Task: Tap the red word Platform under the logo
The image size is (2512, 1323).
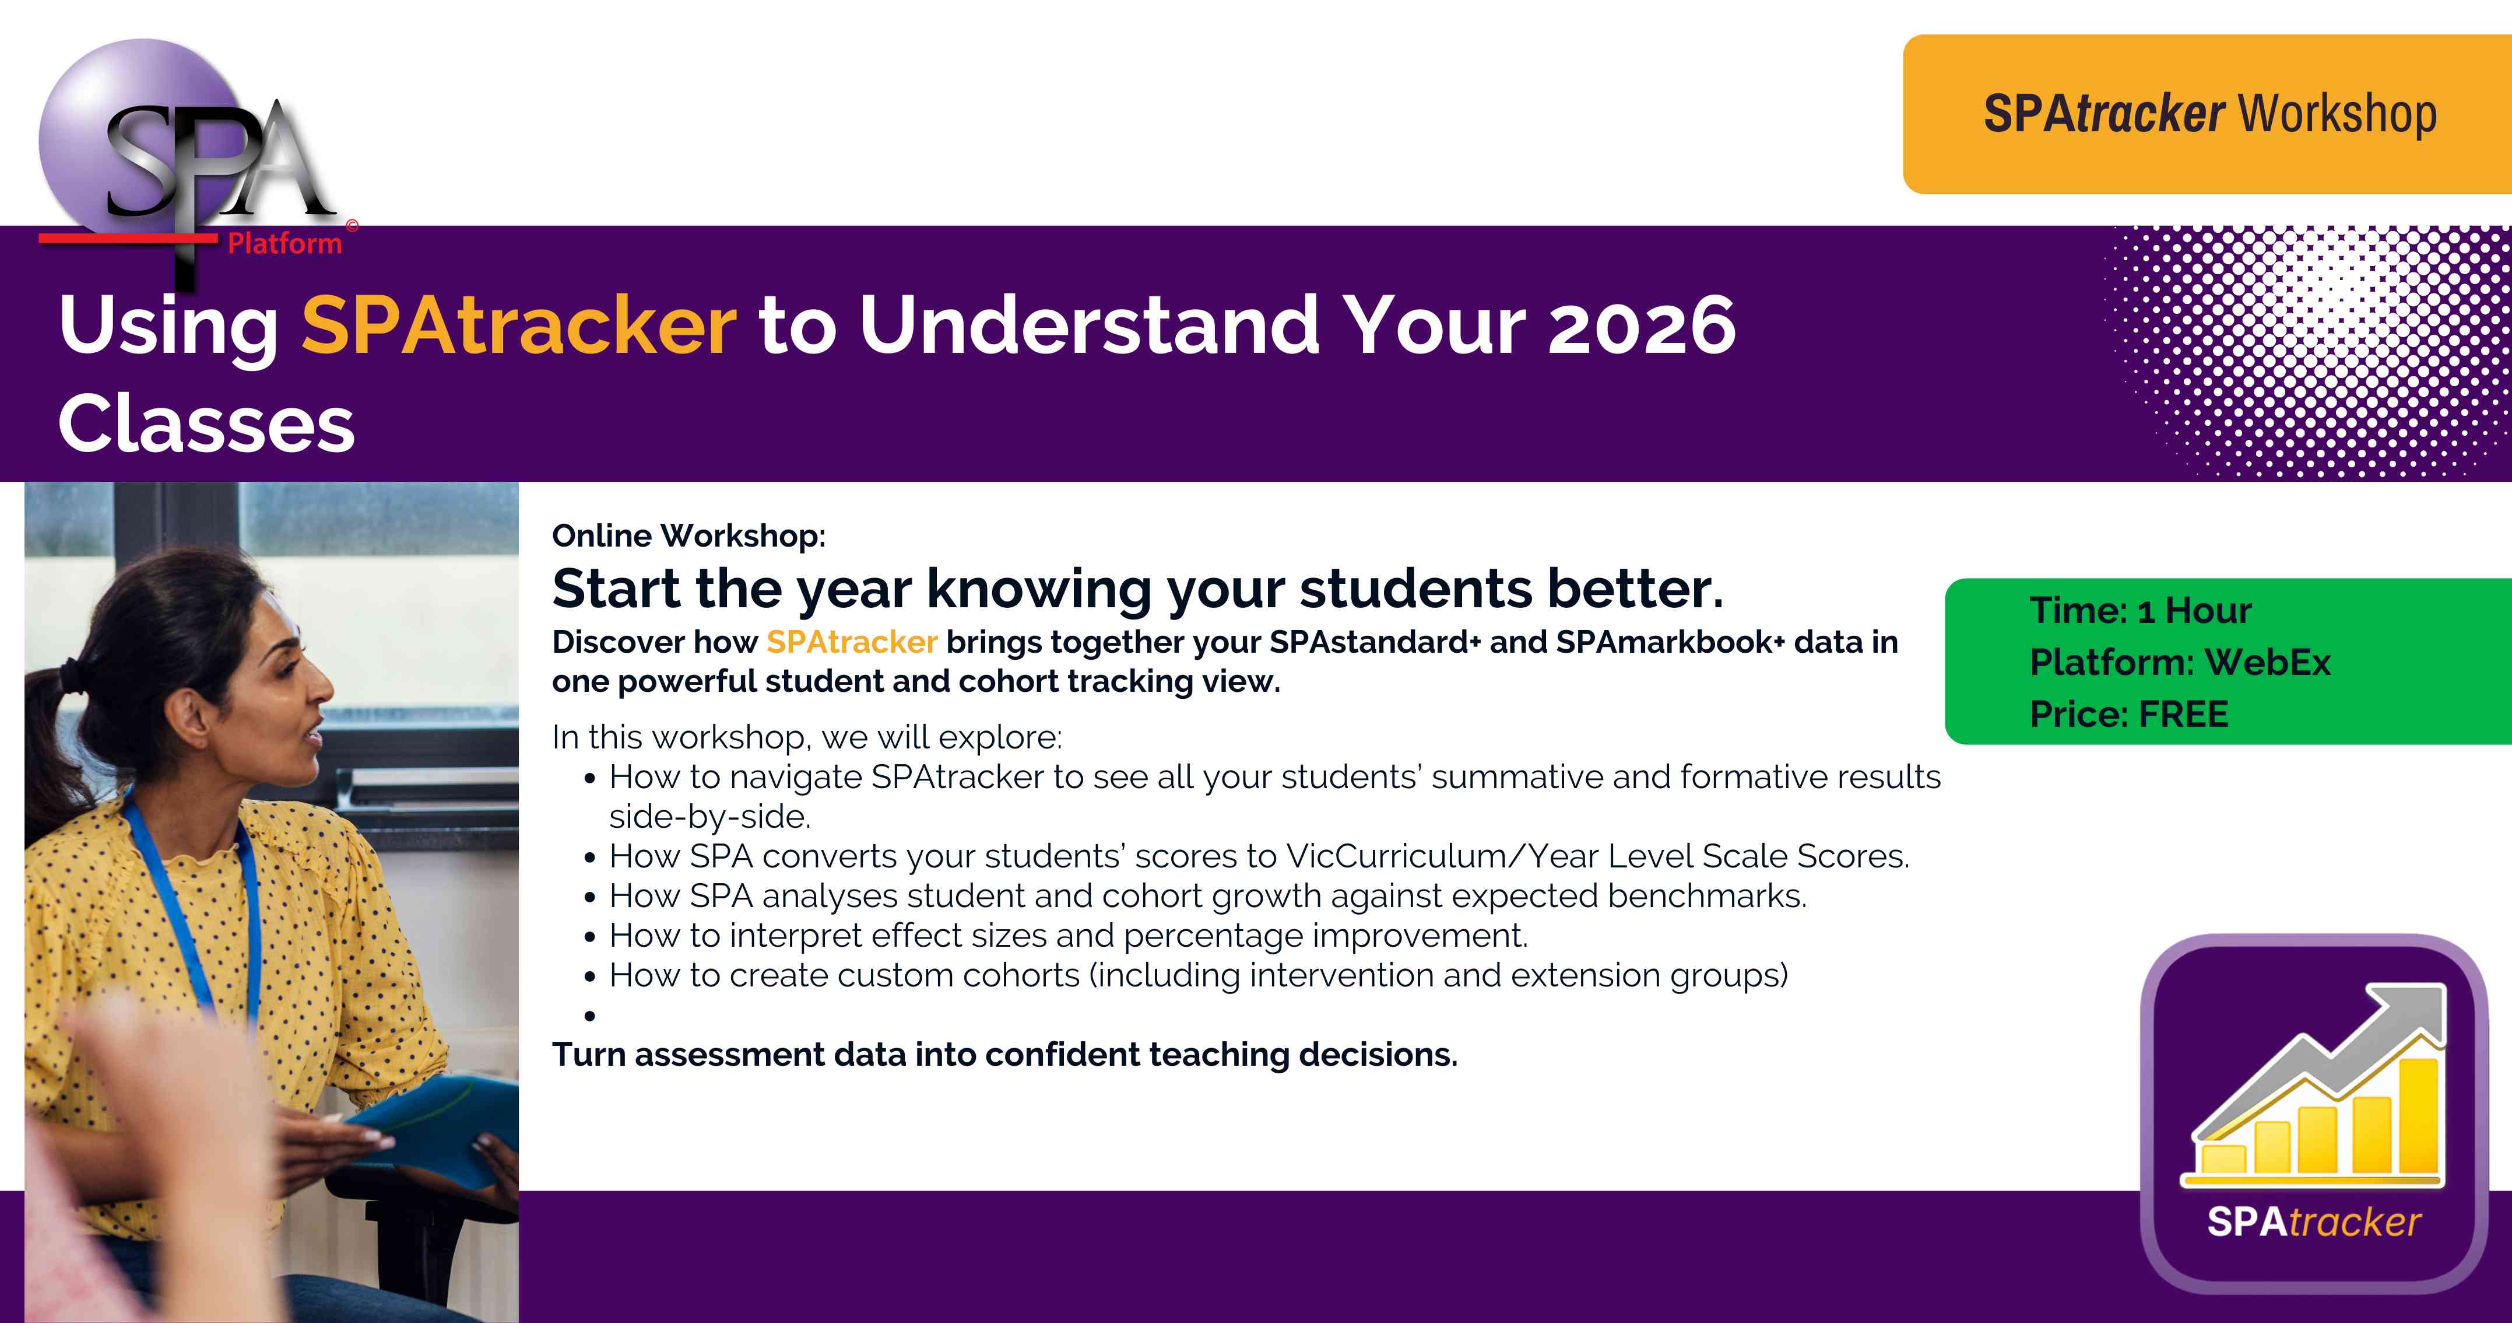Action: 284,243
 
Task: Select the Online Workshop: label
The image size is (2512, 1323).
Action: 688,535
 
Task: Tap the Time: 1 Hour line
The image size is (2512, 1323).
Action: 2141,611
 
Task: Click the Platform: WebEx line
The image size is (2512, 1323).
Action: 2180,663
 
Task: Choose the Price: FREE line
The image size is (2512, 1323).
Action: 2129,714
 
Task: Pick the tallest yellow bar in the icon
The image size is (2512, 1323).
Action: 2418,1115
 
